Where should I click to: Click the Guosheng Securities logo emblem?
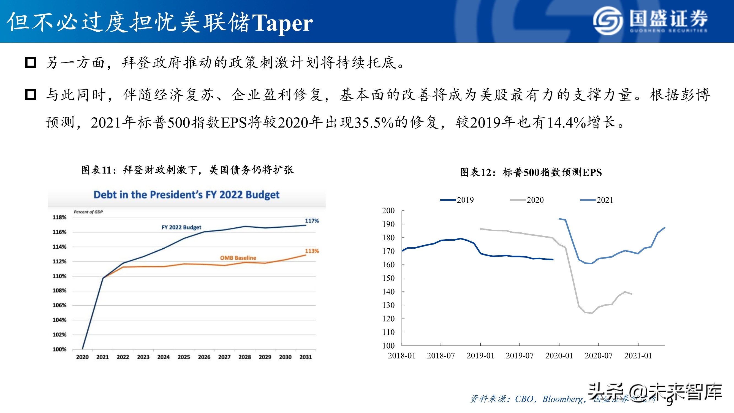point(608,21)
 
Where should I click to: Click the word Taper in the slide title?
point(282,23)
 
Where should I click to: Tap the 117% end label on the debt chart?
point(312,221)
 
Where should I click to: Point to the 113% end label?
point(312,251)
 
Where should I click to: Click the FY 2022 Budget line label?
point(181,227)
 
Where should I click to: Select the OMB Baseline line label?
point(238,258)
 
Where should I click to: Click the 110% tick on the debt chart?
point(59,276)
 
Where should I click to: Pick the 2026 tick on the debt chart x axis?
point(204,357)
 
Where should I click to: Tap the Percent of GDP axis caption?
point(88,212)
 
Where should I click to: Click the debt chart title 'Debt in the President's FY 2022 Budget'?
point(186,195)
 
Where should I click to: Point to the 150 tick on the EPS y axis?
point(388,278)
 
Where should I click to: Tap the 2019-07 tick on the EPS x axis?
point(520,355)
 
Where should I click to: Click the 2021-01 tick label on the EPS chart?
point(638,355)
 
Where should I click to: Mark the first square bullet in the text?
point(31,62)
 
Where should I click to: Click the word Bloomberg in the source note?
point(562,399)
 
